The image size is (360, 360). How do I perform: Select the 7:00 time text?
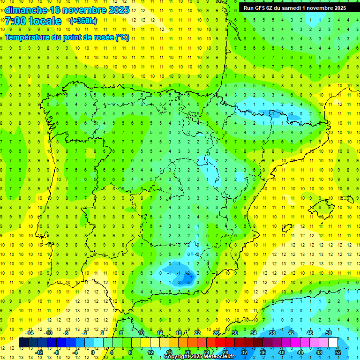[x=16, y=21]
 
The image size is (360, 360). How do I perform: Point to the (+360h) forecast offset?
[x=83, y=21]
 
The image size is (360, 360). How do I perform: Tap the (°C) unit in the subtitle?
[x=122, y=37]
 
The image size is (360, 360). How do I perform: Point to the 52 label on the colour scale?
[x=338, y=352]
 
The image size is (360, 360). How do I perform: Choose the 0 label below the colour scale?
[x=92, y=352]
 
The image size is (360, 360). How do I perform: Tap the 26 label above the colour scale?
[x=216, y=333]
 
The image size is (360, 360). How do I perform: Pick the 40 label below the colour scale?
[x=281, y=352]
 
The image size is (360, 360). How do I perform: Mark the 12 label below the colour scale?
[x=150, y=352]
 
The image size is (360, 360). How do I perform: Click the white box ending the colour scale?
[x=333, y=342]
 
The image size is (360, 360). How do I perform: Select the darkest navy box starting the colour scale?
[x=23, y=342]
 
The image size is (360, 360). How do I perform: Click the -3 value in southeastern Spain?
[x=189, y=283]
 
